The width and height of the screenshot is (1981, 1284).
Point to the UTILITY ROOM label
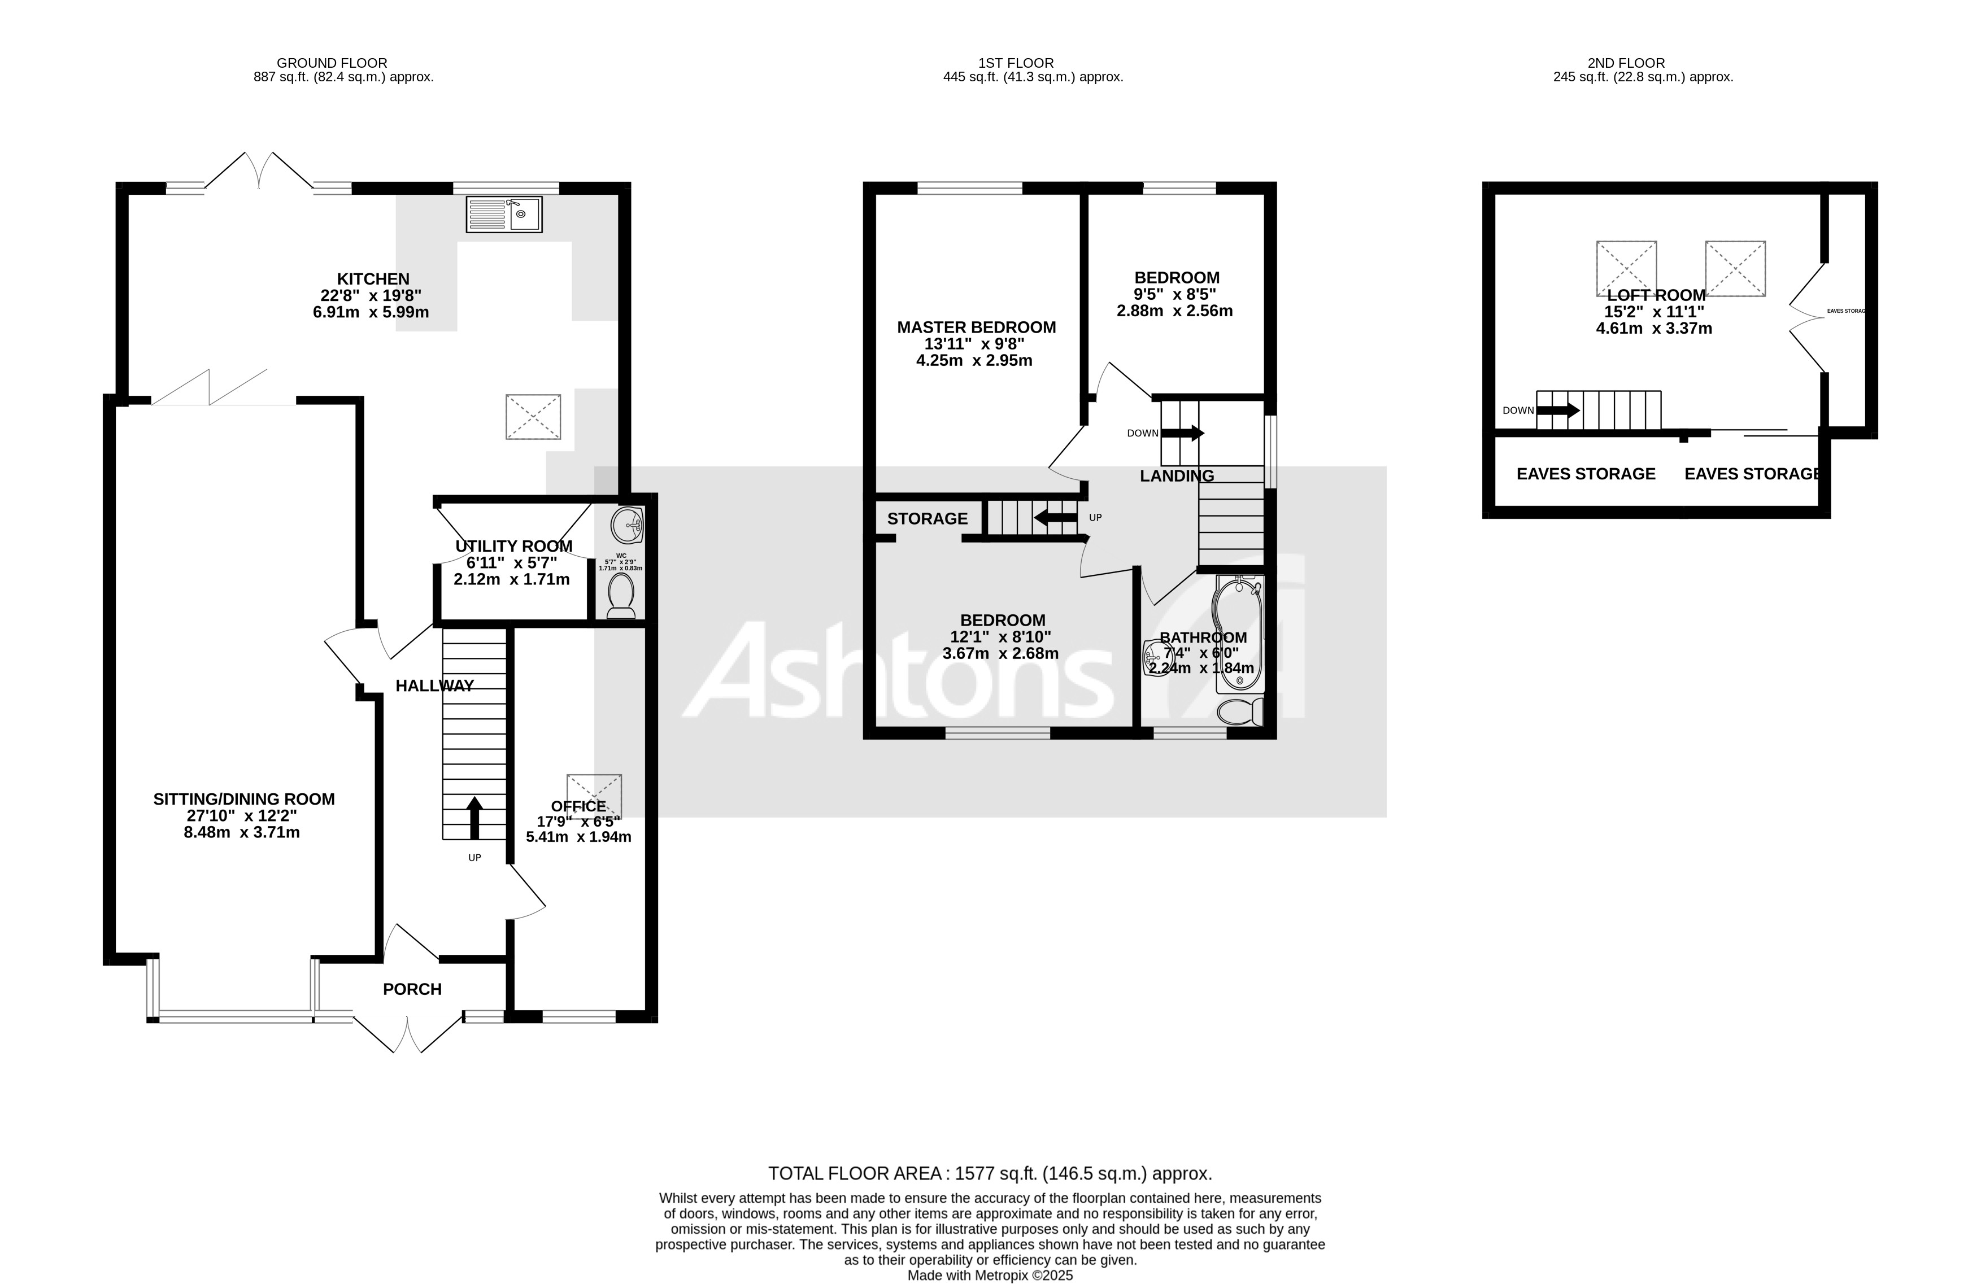pyautogui.click(x=513, y=546)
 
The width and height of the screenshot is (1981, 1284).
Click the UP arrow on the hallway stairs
pyautogui.click(x=474, y=818)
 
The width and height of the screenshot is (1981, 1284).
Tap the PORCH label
pyautogui.click(x=412, y=989)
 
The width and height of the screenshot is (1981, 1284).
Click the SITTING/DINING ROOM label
pyautogui.click(x=244, y=799)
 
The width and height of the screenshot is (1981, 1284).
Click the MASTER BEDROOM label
pyautogui.click(x=976, y=327)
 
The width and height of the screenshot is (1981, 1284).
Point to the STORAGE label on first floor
pyautogui.click(x=928, y=518)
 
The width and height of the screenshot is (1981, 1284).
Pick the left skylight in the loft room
pyautogui.click(x=1626, y=268)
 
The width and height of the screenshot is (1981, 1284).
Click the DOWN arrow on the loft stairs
pyautogui.click(x=1557, y=410)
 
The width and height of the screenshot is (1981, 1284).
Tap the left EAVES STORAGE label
pyautogui.click(x=1586, y=474)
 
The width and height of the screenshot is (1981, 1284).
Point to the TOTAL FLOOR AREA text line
pyautogui.click(x=990, y=1173)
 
